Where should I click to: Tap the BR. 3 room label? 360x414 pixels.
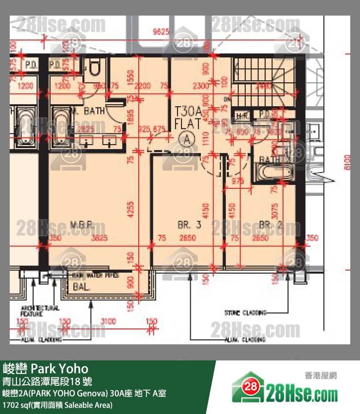pos(189,225)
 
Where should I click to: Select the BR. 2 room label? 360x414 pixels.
pos(271,225)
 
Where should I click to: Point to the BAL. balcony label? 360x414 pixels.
pos(81,287)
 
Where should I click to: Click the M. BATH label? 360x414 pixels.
pos(87,111)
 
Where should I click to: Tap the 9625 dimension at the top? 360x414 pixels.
pos(160,33)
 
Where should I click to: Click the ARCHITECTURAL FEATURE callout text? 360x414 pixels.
pos(39,311)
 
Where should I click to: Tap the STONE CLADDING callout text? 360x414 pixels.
pos(245,313)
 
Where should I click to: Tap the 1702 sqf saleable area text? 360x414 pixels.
pos(57,405)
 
